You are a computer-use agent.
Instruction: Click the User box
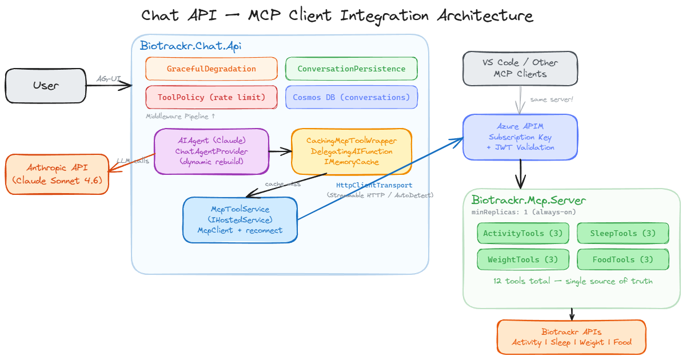[x=46, y=86]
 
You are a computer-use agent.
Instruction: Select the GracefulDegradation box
[x=212, y=69]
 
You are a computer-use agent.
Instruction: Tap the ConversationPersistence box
[x=352, y=69]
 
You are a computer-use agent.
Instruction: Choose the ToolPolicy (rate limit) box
[x=212, y=97]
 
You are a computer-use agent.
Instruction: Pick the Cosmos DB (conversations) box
[x=352, y=97]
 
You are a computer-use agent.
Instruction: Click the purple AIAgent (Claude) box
[x=212, y=151]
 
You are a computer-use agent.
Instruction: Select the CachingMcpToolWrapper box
[x=352, y=151]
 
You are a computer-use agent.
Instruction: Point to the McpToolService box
[x=240, y=220]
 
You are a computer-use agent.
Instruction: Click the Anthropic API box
[x=57, y=174]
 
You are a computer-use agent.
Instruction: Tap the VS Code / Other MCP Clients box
[x=520, y=69]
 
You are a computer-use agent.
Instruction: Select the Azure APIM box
[x=520, y=137]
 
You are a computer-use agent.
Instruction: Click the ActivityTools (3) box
[x=523, y=233]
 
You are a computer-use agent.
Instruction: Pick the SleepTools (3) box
[x=623, y=233]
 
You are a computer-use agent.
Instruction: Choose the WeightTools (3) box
[x=523, y=259]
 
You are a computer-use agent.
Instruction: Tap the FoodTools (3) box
[x=623, y=259]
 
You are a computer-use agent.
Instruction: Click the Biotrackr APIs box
[x=572, y=337]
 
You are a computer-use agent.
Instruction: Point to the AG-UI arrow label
[x=109, y=78]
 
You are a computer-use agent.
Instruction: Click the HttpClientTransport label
[x=374, y=185]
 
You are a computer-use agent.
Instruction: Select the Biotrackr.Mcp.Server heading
[x=528, y=201]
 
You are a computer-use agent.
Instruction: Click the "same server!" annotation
[x=551, y=100]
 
